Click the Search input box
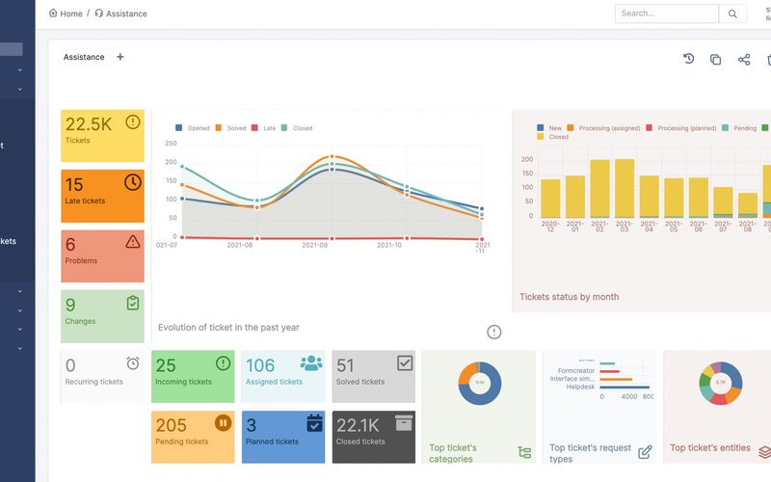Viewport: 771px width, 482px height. coord(667,13)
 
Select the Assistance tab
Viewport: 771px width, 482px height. coord(84,57)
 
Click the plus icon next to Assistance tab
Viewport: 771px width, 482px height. coord(120,57)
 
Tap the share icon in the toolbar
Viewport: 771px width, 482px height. coord(744,60)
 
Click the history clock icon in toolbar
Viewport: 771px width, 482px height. coord(689,60)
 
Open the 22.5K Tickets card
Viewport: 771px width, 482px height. coord(102,136)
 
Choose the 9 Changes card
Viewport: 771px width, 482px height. coord(102,316)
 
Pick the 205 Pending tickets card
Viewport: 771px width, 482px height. coord(193,437)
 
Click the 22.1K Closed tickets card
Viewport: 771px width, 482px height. coord(373,437)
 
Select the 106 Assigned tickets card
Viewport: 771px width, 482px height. coord(282,376)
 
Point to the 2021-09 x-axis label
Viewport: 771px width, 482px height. coord(331,245)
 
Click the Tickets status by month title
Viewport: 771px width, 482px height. coord(569,297)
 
